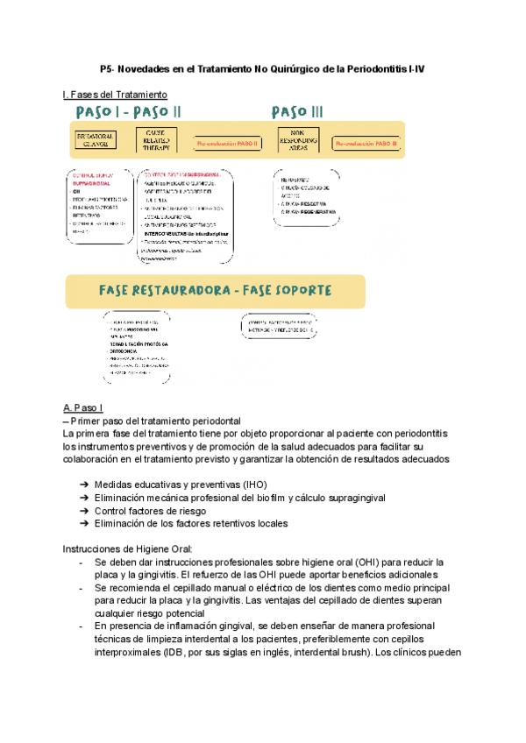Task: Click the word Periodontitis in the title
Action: (369, 68)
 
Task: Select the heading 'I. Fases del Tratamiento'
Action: (115, 94)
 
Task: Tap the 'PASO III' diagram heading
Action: (297, 111)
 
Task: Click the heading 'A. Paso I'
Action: (83, 408)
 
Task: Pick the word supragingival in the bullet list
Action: (350, 498)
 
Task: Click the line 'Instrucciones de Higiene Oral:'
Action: (127, 548)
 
